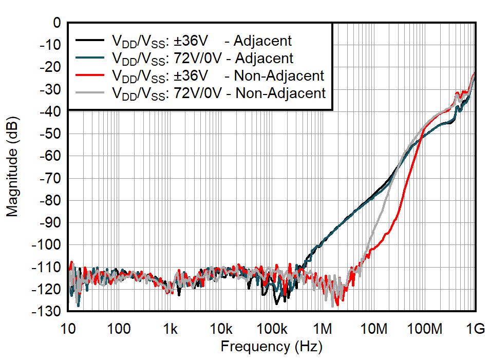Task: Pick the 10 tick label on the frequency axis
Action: [x=68, y=329]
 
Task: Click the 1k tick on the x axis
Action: [x=171, y=329]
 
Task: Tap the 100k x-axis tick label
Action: [x=271, y=329]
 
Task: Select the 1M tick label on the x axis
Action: [x=323, y=329]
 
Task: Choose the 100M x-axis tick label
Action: [x=424, y=329]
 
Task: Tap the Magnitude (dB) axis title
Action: [x=12, y=167]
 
